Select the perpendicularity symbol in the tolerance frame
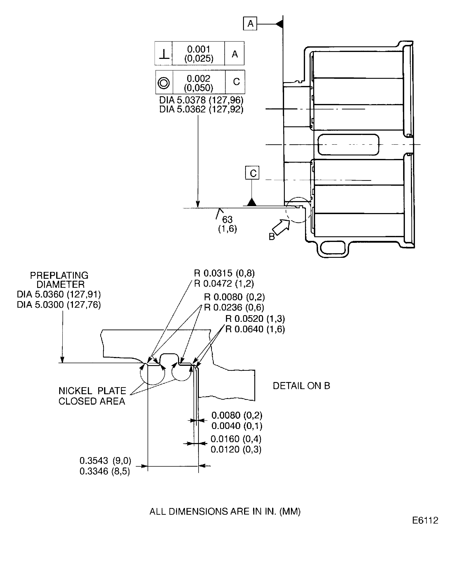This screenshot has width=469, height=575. [x=164, y=54]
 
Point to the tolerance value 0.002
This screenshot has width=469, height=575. [x=198, y=78]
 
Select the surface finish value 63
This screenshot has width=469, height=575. [x=227, y=219]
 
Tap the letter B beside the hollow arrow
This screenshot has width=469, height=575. [x=272, y=237]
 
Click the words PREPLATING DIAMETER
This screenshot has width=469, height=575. [x=59, y=280]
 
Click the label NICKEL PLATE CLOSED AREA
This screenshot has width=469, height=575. [x=92, y=396]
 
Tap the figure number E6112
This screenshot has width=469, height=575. [x=425, y=520]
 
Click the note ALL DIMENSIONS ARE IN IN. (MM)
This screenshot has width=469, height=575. [x=225, y=511]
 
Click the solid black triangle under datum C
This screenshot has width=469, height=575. [x=252, y=202]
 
